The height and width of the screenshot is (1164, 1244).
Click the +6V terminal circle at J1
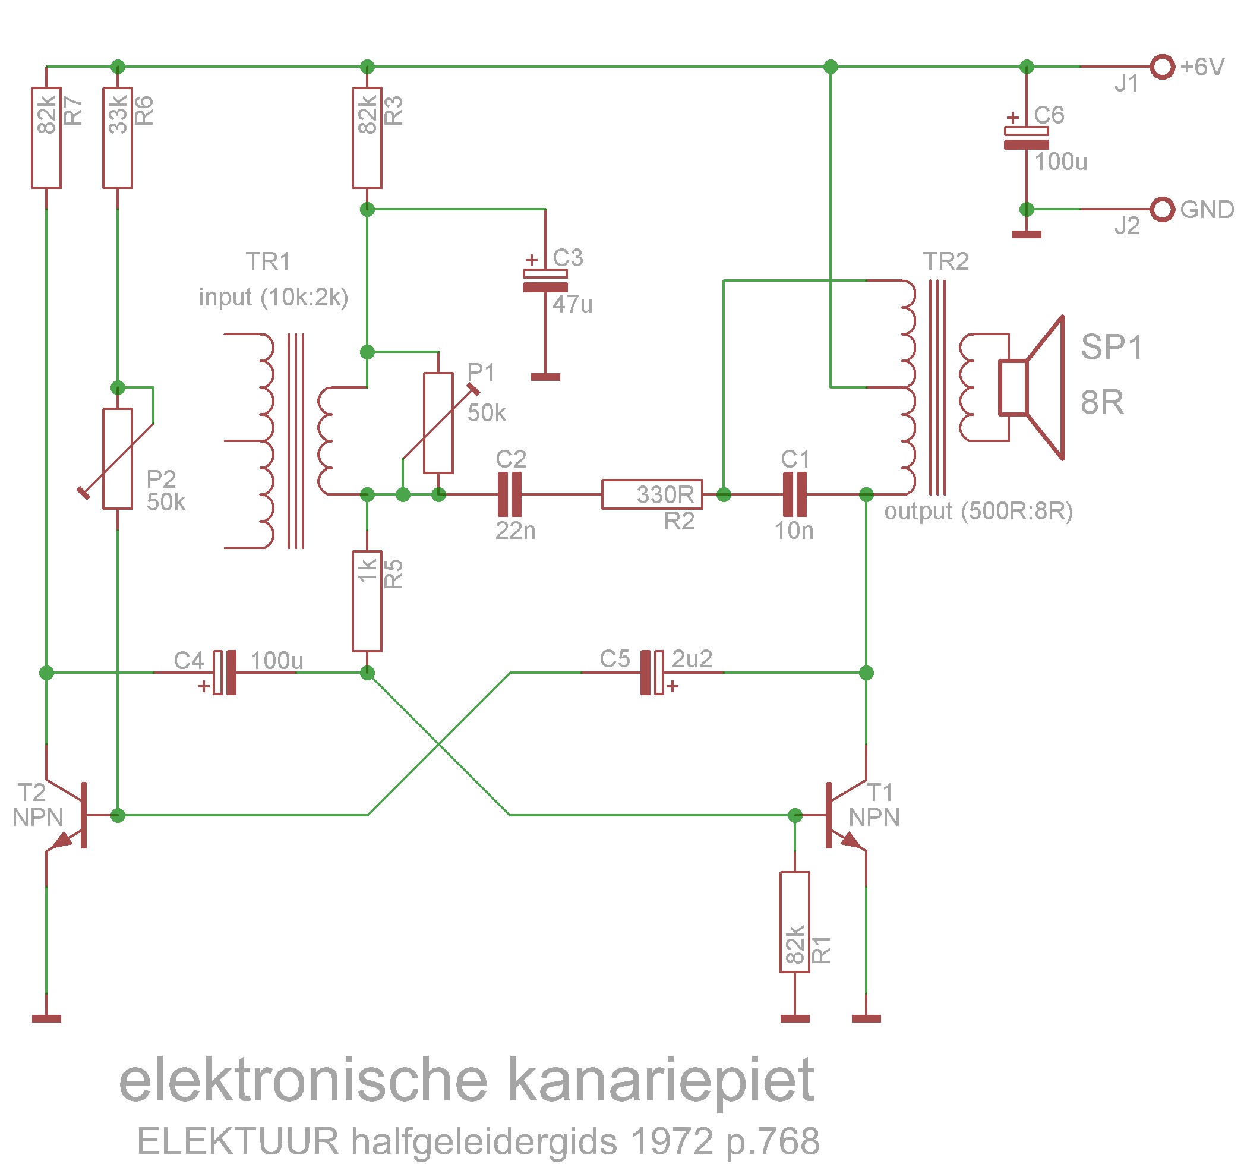[x=1162, y=67]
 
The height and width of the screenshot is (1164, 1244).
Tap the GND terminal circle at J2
[x=1162, y=209]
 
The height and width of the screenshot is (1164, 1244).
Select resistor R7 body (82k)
[x=46, y=138]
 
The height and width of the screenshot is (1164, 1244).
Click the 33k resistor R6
[x=118, y=138]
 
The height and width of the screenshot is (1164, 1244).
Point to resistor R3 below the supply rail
[x=367, y=138]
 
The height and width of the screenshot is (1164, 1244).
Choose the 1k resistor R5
[x=367, y=601]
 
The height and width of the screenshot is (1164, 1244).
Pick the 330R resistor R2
[x=652, y=494]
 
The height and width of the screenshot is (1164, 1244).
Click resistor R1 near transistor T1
[x=794, y=922]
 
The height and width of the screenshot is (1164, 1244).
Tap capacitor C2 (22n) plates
[x=509, y=494]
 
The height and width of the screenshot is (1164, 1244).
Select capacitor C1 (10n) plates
[x=795, y=494]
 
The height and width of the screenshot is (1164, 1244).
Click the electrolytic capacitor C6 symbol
[x=1026, y=138]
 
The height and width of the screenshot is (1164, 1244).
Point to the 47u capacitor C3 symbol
[x=545, y=280]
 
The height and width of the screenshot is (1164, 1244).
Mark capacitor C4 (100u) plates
[x=225, y=673]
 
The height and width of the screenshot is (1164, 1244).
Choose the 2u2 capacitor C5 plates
[x=652, y=673]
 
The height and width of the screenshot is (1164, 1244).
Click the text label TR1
[x=268, y=261]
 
